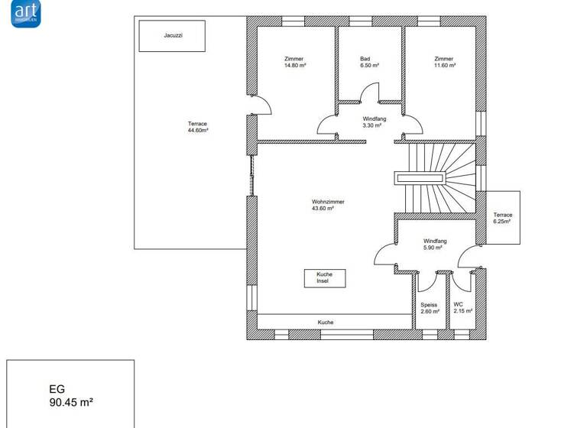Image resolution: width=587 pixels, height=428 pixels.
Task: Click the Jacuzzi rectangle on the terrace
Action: [x=172, y=36]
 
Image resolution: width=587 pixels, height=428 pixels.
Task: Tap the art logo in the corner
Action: [x=26, y=13]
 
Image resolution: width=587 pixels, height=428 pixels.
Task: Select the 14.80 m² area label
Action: [x=294, y=66]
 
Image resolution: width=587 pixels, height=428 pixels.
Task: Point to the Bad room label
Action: [x=370, y=59]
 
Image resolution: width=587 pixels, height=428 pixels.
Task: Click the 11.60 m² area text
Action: [x=444, y=66]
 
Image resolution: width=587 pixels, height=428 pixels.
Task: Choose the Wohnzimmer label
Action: [x=328, y=202]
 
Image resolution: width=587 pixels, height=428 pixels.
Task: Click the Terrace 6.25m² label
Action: [x=502, y=218]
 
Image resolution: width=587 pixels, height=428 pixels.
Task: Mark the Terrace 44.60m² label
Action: [x=198, y=127]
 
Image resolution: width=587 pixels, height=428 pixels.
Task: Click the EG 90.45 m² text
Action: [x=71, y=395]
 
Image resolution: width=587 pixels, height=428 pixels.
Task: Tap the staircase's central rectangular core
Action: [x=419, y=178]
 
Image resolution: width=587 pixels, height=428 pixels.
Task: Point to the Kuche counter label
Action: [x=326, y=323]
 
